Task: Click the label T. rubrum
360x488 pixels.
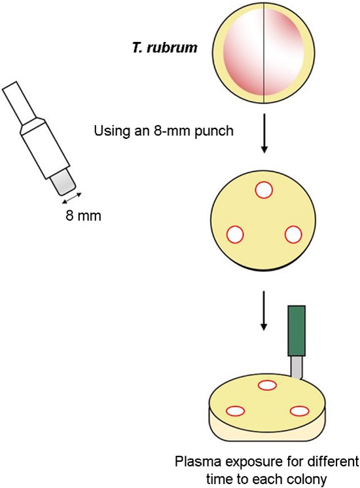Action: (x=165, y=48)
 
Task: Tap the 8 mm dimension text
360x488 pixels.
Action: (x=83, y=216)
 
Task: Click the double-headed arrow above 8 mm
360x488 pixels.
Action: (x=71, y=198)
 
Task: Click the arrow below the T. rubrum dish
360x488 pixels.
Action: (x=264, y=133)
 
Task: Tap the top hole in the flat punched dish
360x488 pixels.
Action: (x=264, y=190)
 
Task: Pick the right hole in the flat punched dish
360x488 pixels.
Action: (x=293, y=235)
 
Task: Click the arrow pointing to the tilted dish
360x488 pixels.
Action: (x=264, y=310)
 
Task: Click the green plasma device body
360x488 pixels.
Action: (x=297, y=331)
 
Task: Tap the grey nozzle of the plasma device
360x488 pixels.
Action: (x=297, y=367)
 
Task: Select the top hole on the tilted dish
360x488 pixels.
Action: (x=267, y=385)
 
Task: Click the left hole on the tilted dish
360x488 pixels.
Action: (x=236, y=411)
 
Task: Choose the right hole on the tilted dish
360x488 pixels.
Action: (x=299, y=411)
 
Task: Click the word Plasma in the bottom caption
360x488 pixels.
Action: (x=198, y=462)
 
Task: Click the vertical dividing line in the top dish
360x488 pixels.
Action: (x=264, y=53)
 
